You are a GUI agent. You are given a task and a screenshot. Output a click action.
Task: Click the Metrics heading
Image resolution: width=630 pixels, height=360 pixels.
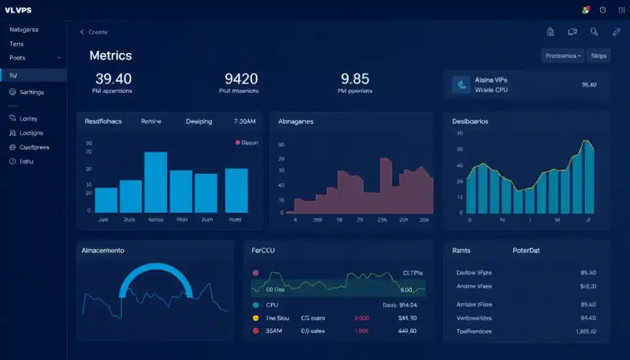(111, 55)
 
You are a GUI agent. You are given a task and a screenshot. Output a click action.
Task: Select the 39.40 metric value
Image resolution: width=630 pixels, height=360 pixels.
(113, 79)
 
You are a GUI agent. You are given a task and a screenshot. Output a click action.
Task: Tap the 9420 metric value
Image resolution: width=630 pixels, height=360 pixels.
(241, 79)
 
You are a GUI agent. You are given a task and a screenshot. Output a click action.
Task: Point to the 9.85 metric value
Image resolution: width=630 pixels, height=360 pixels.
(354, 79)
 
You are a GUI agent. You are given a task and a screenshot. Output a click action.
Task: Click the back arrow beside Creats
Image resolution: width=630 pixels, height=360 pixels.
(82, 33)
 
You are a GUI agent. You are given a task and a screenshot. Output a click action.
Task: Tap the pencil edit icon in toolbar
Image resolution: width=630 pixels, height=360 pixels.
(616, 32)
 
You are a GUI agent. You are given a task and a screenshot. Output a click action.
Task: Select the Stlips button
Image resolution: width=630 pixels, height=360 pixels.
(599, 56)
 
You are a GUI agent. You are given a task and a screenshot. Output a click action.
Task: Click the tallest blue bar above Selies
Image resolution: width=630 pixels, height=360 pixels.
(156, 182)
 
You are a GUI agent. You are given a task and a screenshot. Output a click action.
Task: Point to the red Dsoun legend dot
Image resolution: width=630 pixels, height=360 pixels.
(237, 142)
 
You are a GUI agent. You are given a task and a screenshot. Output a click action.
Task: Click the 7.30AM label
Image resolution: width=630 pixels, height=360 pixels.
(244, 122)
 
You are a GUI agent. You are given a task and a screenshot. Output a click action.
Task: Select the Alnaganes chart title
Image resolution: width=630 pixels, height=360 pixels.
(296, 122)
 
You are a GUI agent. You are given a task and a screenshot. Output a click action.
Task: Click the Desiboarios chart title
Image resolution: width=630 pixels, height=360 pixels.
(470, 122)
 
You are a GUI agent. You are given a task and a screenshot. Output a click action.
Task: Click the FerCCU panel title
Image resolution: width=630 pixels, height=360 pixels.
(263, 251)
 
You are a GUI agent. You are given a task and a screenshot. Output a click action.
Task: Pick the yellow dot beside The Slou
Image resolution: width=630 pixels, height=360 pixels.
(255, 318)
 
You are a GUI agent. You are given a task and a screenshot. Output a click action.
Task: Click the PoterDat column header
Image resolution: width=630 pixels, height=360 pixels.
(526, 251)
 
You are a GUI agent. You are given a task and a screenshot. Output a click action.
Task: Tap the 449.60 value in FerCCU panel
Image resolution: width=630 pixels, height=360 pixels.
(407, 330)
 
